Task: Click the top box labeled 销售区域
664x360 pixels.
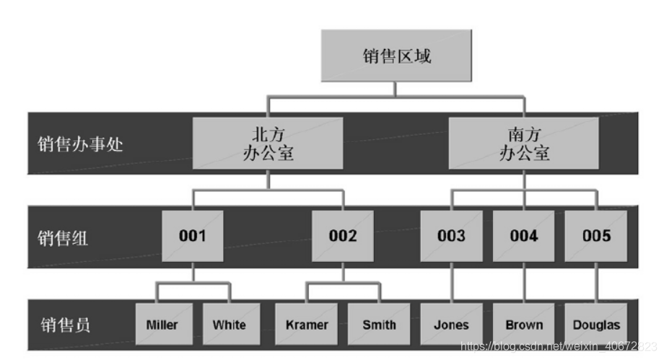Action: [396, 56]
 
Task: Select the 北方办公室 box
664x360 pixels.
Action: [268, 143]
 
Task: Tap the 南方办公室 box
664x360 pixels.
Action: [524, 143]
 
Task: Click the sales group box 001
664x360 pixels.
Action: [193, 236]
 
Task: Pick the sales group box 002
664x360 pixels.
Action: [343, 236]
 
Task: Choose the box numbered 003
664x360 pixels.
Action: [451, 236]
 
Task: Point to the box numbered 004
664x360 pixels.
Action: [524, 236]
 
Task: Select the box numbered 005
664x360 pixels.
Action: [596, 236]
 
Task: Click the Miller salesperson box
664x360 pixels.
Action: [162, 325]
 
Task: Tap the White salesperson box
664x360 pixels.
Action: [229, 325]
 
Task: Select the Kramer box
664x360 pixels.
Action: [306, 325]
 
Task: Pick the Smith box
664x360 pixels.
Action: [379, 325]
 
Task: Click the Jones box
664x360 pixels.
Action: [451, 325]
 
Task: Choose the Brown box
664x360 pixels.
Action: [524, 325]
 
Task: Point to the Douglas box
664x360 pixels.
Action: [596, 325]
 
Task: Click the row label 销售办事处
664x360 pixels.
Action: [80, 144]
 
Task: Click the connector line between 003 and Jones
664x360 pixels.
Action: [451, 283]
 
